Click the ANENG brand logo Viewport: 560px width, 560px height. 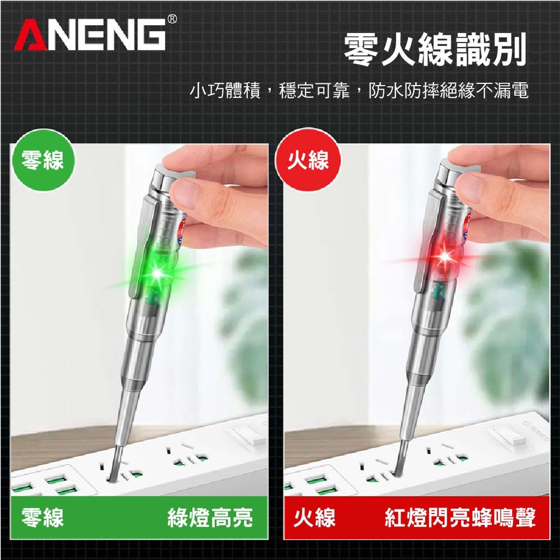point(89,34)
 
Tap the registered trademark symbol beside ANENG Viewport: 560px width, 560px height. point(172,18)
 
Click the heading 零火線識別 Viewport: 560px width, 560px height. point(435,49)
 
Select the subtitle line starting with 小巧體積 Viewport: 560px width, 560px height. point(358,90)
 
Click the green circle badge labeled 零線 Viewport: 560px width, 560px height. point(44,160)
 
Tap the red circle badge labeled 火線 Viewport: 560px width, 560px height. point(308,160)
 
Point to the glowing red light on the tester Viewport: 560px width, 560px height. point(445,256)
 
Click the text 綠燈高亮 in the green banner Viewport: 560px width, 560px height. point(210,517)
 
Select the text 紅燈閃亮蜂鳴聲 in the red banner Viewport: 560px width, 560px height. point(460,517)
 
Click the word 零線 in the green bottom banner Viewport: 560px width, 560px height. point(43,517)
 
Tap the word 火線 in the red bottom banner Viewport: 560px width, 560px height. point(314,517)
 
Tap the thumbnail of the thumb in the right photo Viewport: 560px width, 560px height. point(468,186)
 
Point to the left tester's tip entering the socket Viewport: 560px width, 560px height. point(114,471)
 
